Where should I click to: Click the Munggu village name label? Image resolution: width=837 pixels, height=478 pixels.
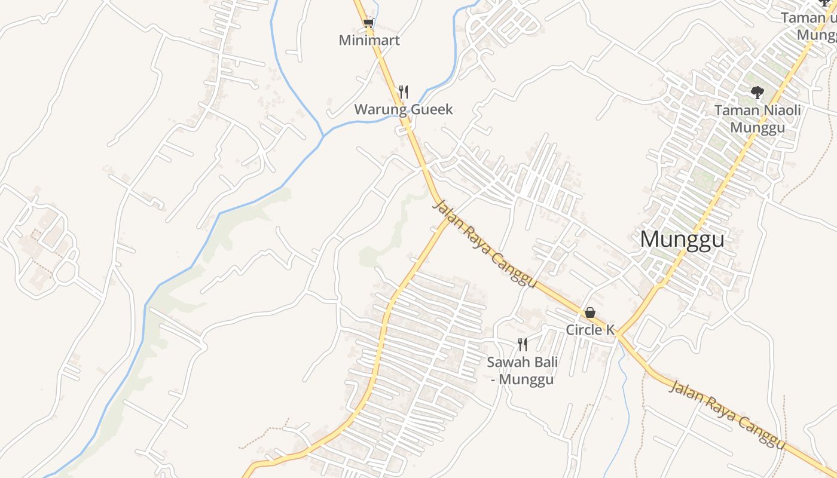coord(682,240)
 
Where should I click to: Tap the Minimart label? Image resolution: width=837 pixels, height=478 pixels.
coord(369,41)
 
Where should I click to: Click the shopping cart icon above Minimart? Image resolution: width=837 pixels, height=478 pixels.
coord(369,23)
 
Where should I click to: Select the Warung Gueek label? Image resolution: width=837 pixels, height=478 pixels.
coord(404,109)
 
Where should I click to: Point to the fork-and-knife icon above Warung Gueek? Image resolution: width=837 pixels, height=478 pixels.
coord(404,91)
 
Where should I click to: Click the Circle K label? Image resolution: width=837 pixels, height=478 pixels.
coord(590,330)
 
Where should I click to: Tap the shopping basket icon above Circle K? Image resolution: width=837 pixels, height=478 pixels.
coord(590,312)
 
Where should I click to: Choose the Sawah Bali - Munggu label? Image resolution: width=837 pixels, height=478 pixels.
coord(523,370)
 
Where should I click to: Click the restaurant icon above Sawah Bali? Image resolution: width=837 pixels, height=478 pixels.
coord(523,344)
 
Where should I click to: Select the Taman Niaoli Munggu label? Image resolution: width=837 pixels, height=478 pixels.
coord(757,119)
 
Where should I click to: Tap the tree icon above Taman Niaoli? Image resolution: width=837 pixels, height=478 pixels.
coord(757,92)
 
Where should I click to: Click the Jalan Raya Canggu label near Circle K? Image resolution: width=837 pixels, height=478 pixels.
coord(484,244)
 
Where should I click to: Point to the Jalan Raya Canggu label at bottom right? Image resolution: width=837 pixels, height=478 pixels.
coord(727,414)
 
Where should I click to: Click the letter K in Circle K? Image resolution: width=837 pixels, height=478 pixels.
coord(610,330)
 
